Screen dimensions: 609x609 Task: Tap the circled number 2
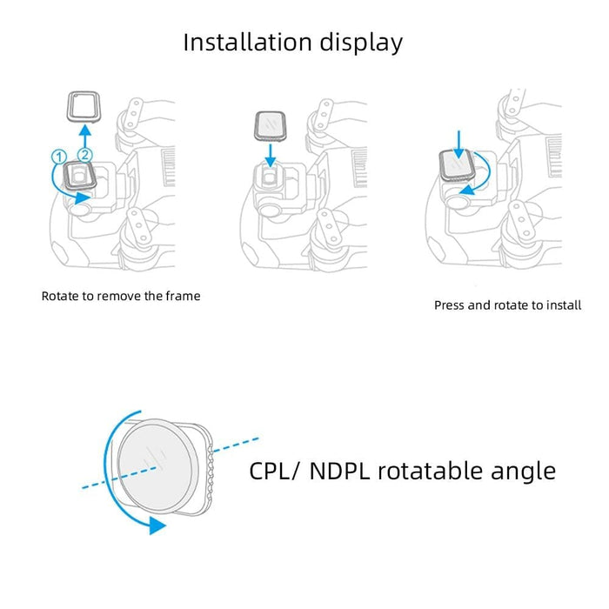(84, 155)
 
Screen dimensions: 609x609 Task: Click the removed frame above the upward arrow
(84, 109)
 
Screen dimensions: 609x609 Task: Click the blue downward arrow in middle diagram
(271, 153)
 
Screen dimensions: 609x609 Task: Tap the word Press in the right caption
(452, 305)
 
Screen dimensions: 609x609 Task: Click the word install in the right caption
(563, 305)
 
